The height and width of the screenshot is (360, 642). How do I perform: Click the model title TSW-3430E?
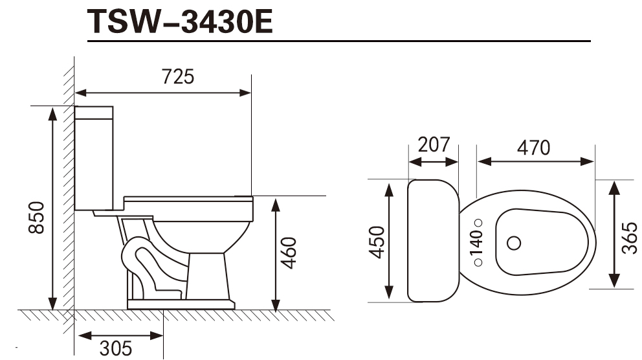point(180,21)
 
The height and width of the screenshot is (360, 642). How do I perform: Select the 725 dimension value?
point(178,76)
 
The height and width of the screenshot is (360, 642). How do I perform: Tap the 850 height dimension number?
point(36,218)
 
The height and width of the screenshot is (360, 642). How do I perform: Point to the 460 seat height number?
point(289,253)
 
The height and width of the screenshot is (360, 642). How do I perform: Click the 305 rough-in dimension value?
point(116,348)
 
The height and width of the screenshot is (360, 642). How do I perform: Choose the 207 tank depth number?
point(434,144)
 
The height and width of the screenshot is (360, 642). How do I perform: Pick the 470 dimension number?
point(533,148)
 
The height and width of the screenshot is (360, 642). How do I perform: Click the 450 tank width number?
point(377,242)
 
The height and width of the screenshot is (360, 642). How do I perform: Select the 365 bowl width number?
point(629,238)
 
